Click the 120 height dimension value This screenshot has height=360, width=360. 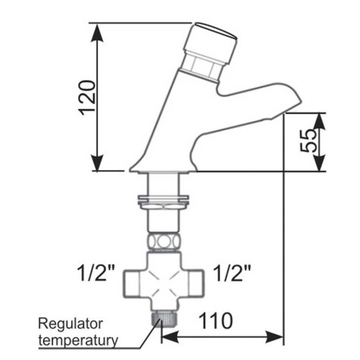[x=88, y=98]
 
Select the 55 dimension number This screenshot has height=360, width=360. [x=308, y=141]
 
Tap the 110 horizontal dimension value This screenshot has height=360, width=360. [x=216, y=321]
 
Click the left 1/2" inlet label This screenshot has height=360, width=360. [x=96, y=273]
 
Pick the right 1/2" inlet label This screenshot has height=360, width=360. [x=232, y=273]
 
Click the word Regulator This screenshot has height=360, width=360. [x=71, y=324]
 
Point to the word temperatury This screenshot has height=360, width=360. [x=78, y=341]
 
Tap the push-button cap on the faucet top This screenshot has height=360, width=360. [x=210, y=42]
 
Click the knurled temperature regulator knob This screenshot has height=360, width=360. [x=164, y=318]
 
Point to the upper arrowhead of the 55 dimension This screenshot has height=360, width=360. [x=320, y=121]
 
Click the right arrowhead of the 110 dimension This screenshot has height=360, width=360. [x=274, y=337]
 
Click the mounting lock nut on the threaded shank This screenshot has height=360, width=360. [x=163, y=202]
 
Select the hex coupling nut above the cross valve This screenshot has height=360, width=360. [x=163, y=242]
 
